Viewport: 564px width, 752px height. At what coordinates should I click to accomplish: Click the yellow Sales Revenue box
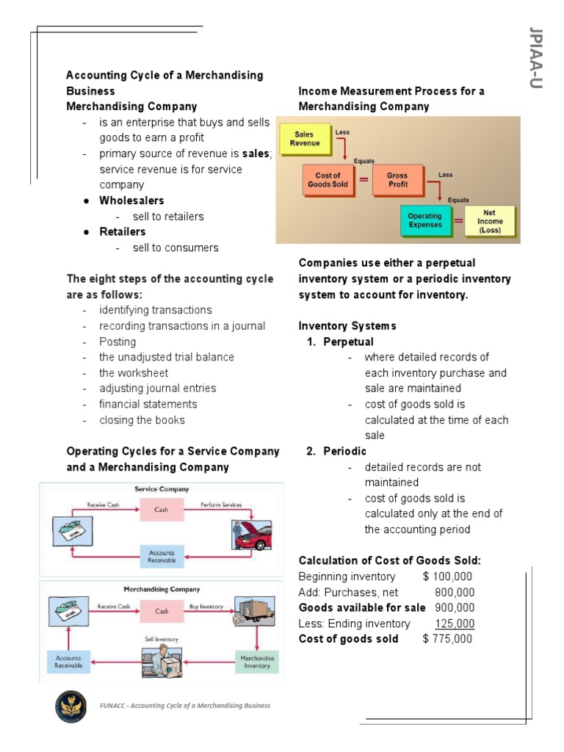click(x=303, y=139)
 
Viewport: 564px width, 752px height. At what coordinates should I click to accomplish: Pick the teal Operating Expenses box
click(x=424, y=221)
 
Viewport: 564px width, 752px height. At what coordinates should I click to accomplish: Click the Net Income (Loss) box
click(x=490, y=221)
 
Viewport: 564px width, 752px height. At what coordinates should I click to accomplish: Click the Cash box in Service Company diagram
click(x=162, y=509)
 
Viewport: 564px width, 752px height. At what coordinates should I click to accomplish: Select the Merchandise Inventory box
click(x=257, y=662)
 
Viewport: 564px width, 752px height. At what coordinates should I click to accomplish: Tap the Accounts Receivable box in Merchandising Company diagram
click(x=69, y=662)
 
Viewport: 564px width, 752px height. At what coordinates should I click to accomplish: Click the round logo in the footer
click(x=71, y=706)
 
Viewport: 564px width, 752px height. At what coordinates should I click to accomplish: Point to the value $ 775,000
click(x=448, y=639)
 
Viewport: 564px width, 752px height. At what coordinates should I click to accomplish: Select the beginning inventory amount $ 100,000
click(x=447, y=576)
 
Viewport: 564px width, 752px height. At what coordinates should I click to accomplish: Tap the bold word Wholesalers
click(x=132, y=200)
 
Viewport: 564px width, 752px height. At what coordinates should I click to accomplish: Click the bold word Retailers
click(x=123, y=232)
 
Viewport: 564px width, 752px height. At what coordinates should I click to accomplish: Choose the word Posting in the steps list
click(x=117, y=341)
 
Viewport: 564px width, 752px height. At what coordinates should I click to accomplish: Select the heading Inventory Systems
click(x=347, y=326)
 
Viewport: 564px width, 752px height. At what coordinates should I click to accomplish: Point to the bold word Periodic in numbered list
click(x=344, y=451)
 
